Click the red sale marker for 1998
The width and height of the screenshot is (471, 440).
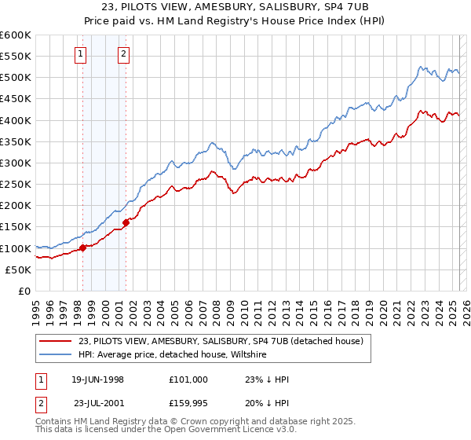82,248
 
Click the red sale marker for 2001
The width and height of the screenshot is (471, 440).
126,223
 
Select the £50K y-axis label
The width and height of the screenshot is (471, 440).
18,269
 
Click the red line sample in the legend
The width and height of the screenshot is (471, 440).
57,342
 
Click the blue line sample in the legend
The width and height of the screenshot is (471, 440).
57,355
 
